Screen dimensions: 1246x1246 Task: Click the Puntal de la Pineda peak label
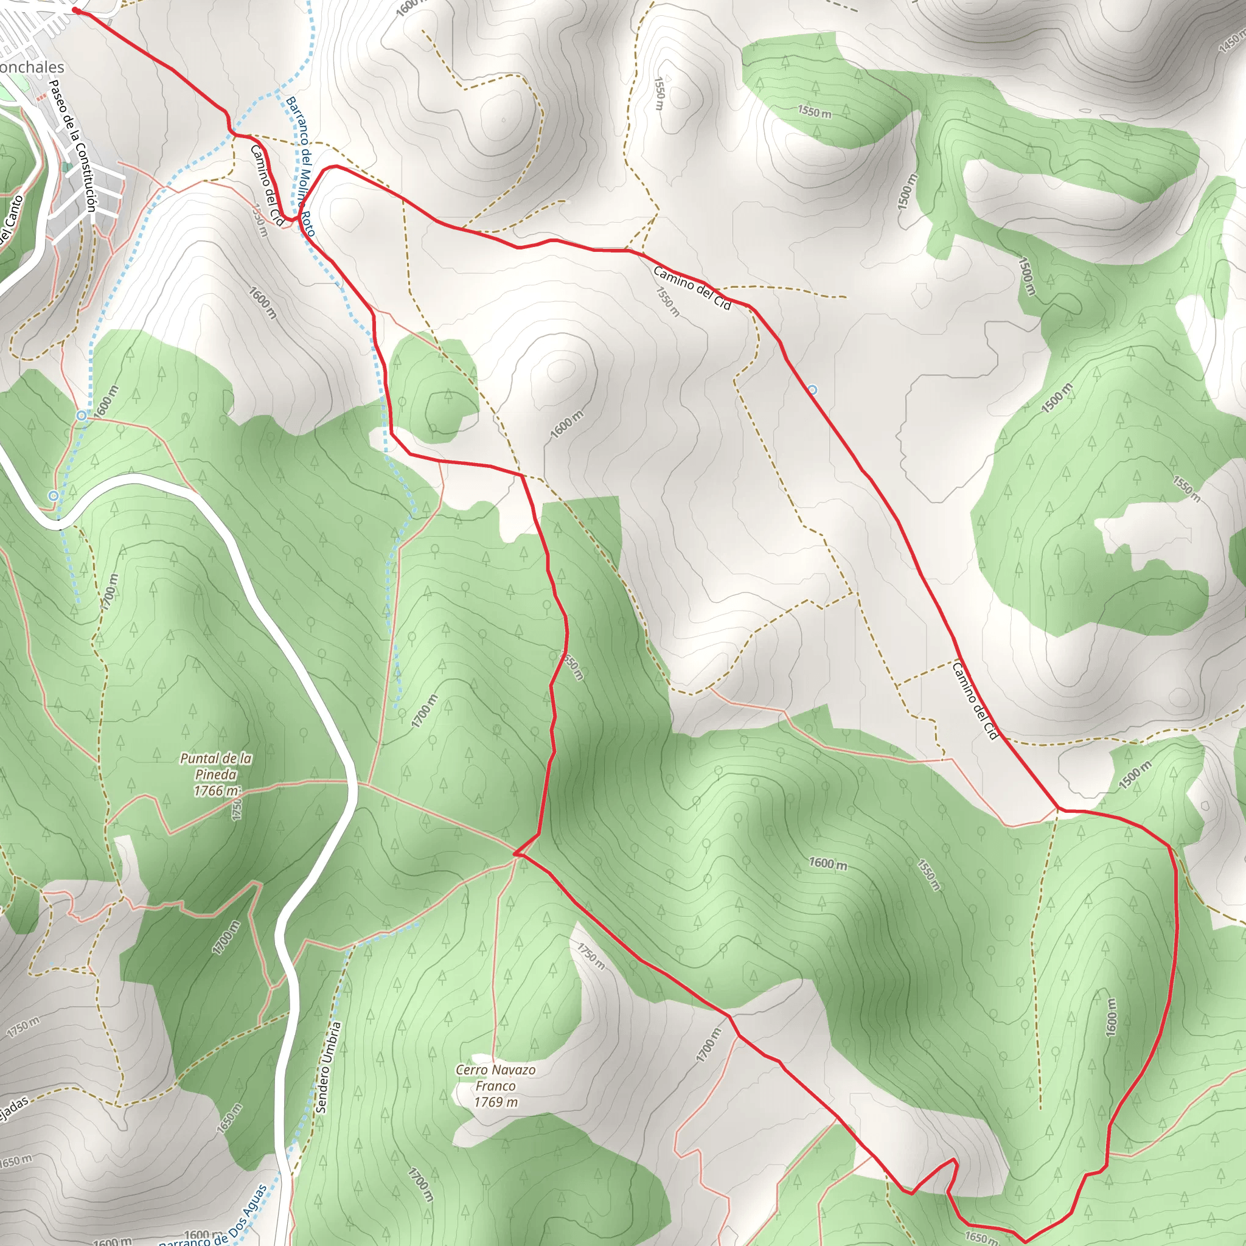tap(215, 774)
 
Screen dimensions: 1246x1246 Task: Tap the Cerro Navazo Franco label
tap(495, 1085)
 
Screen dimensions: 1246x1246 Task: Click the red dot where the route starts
tap(76, 11)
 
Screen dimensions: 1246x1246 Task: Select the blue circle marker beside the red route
tap(813, 389)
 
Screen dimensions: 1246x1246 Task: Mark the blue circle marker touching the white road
tap(54, 495)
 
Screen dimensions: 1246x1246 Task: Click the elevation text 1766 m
tap(215, 791)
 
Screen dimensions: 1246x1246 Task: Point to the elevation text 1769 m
tap(495, 1102)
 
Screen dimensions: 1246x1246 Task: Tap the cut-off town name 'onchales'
tap(32, 67)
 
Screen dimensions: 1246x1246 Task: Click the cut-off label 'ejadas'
tap(13, 1108)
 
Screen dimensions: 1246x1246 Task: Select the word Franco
tap(495, 1085)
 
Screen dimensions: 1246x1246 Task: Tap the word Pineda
tap(215, 774)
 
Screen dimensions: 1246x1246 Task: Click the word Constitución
tap(84, 178)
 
